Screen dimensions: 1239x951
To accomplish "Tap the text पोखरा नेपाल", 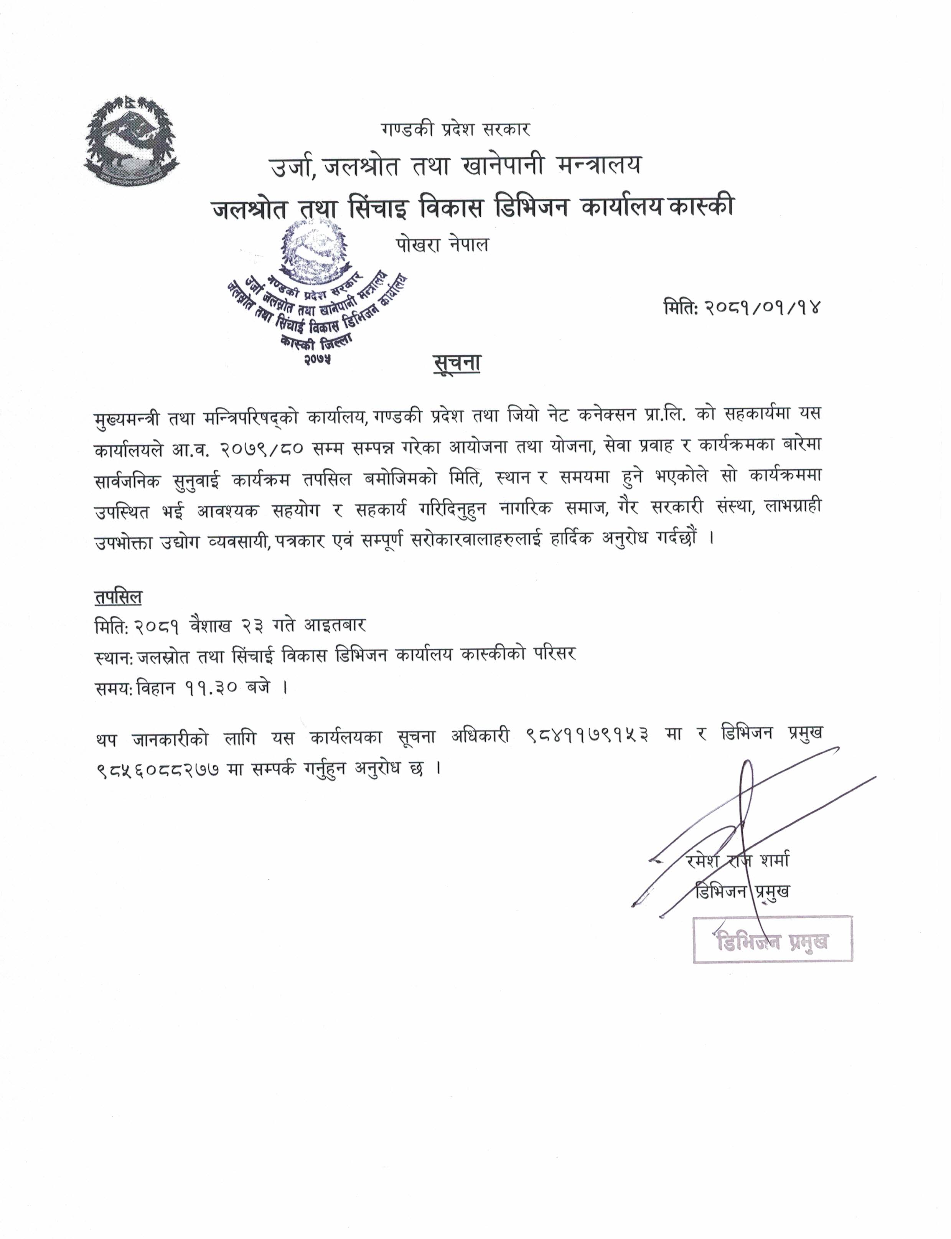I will tap(442, 245).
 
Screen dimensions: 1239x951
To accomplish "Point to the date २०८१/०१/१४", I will tap(762, 308).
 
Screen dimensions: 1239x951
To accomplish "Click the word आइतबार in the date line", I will tap(335, 625).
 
